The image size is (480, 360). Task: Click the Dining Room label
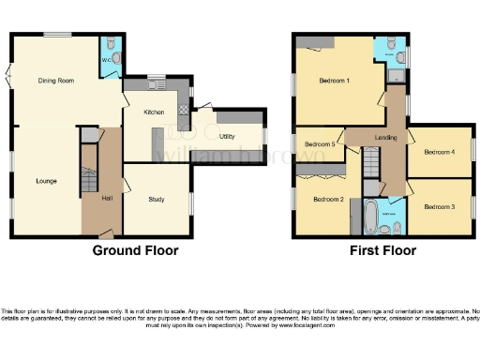click(56, 81)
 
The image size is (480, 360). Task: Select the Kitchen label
click(154, 112)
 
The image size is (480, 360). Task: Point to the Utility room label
click(226, 137)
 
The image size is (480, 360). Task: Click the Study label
click(157, 199)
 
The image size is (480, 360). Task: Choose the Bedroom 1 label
click(334, 82)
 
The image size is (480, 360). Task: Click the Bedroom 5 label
click(320, 144)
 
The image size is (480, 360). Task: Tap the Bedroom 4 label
click(439, 151)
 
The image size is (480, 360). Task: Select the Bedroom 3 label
click(439, 206)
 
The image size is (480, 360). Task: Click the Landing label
click(385, 139)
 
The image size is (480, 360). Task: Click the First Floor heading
click(382, 251)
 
